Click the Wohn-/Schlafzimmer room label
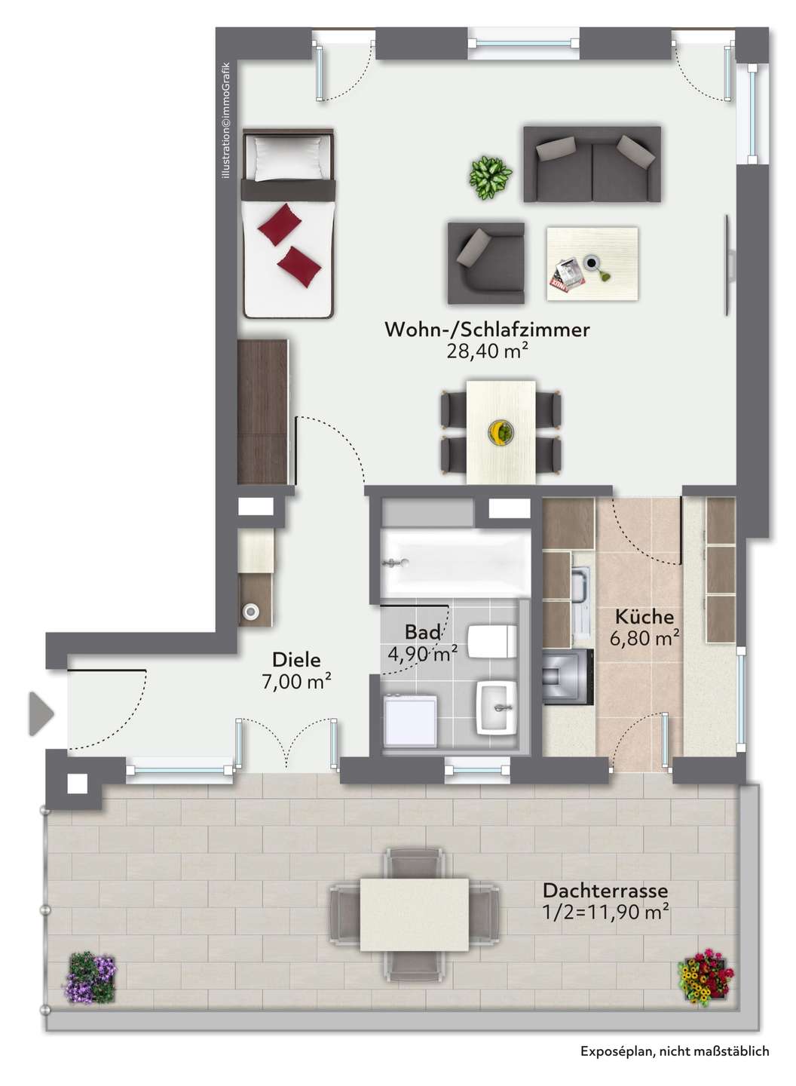(487, 330)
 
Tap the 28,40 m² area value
(487, 351)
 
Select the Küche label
(644, 617)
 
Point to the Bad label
(423, 632)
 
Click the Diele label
(296, 660)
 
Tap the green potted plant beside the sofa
(490, 177)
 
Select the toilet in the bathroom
(491, 641)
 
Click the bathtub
(455, 563)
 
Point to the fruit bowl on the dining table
(501, 431)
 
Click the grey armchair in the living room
(486, 263)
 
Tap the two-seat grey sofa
(592, 164)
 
